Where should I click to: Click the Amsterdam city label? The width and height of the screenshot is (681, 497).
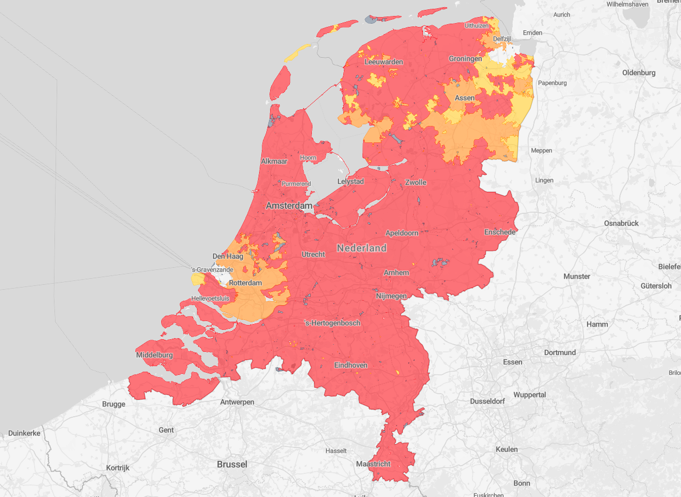289,206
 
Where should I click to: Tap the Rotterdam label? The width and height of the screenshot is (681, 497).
245,283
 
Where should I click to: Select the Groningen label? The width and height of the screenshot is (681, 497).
465,58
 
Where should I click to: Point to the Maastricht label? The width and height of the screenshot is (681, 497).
374,464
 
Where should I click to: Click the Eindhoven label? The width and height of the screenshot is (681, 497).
351,365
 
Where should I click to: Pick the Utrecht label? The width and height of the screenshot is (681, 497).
314,254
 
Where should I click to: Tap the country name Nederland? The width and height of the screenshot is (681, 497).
362,248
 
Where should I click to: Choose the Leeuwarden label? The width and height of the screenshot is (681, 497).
384,62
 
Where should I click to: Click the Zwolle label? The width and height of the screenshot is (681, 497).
416,182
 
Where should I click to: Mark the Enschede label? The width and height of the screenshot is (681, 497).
500,232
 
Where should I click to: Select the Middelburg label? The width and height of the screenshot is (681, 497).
155,355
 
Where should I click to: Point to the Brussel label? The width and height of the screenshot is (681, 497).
232,464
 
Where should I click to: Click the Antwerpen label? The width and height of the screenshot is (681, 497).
237,402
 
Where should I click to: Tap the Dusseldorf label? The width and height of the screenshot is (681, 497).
487,401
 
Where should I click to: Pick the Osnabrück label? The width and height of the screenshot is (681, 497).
622,223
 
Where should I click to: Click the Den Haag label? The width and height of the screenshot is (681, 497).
228,256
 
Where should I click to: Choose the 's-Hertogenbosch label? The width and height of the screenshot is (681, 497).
332,323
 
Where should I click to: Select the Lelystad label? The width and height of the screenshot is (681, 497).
351,181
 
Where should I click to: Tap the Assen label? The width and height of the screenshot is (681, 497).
465,98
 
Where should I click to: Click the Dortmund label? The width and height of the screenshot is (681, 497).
560,352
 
